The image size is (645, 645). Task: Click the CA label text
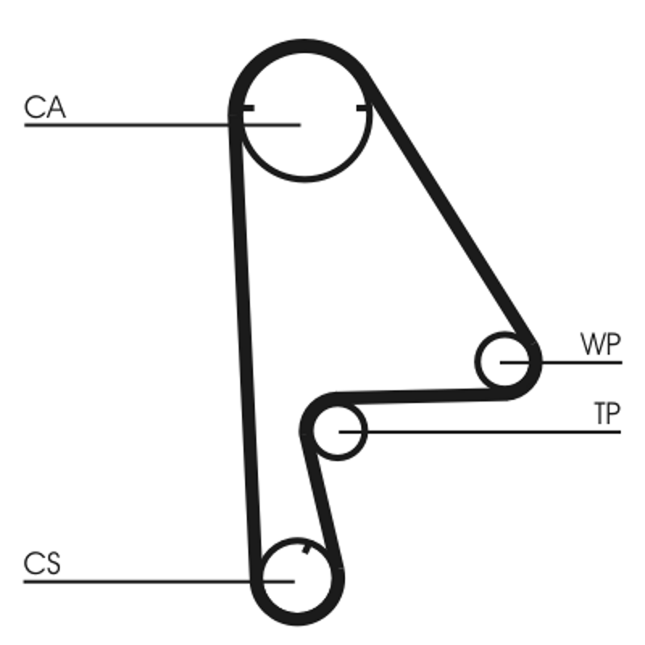[x=44, y=107]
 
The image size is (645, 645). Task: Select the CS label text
[x=42, y=564]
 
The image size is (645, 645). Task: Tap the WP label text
[x=601, y=345]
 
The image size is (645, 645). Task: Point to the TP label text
[x=606, y=414]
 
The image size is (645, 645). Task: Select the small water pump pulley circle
[x=506, y=362]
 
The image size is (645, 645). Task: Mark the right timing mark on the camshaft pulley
[x=364, y=107]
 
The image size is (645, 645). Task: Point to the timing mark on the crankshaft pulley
[x=306, y=551]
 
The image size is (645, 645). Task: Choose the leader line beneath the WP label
[x=580, y=362]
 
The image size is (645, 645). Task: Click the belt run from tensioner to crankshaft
[x=322, y=500]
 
